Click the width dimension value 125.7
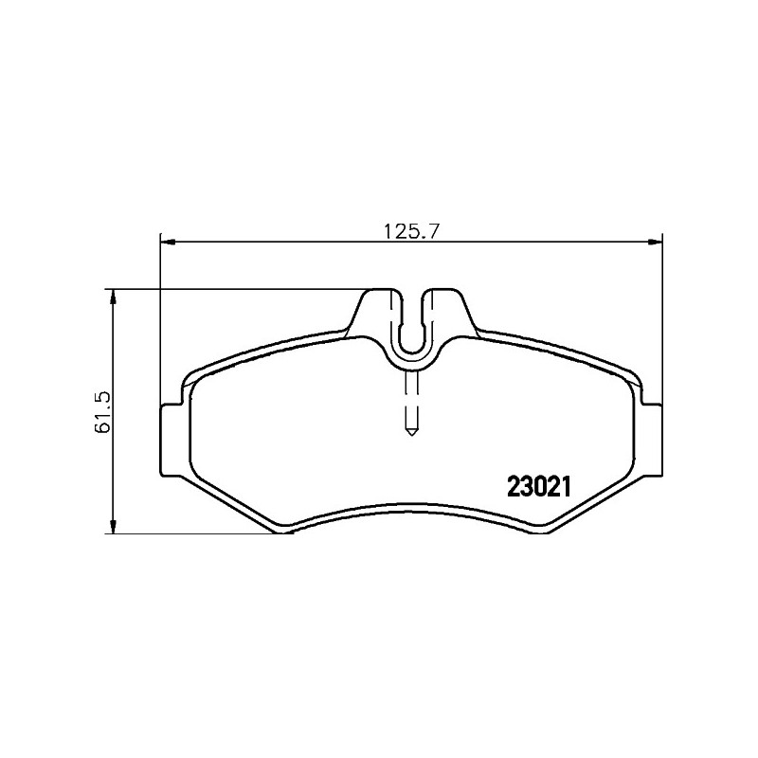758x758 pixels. tap(411, 231)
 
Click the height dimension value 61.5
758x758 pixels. tap(104, 412)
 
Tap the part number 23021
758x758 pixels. tap(539, 487)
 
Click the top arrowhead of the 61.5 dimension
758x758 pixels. tap(113, 297)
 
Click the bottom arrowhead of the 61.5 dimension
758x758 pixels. tap(113, 527)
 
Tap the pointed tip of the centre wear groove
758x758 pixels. tap(411, 435)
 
